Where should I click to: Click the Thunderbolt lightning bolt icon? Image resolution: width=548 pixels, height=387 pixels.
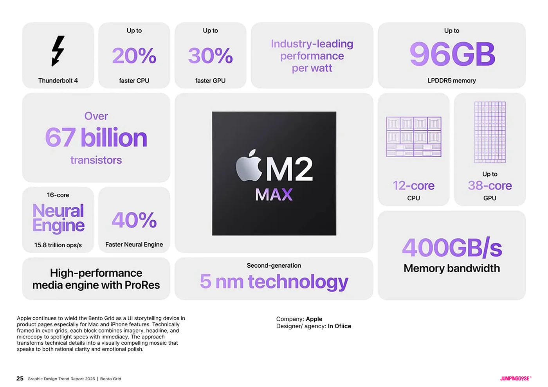pyautogui.click(x=58, y=51)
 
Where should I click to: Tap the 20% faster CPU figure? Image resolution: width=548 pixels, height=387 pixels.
pyautogui.click(x=134, y=56)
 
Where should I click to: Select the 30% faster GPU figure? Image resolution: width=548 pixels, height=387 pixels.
pyautogui.click(x=210, y=56)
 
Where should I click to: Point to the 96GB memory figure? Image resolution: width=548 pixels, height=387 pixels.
pyautogui.click(x=452, y=54)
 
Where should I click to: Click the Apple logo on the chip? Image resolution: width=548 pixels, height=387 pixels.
pyautogui.click(x=249, y=166)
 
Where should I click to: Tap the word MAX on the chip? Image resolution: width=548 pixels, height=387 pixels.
pyautogui.click(x=274, y=194)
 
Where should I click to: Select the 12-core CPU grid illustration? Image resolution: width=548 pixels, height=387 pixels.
pyautogui.click(x=413, y=137)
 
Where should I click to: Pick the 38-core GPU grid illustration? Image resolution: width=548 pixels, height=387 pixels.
pyautogui.click(x=490, y=132)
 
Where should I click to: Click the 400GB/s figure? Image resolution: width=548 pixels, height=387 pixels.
pyautogui.click(x=452, y=248)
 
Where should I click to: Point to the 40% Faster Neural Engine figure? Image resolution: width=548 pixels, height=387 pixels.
pyautogui.click(x=134, y=220)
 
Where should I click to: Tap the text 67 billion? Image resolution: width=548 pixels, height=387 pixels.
pyautogui.click(x=96, y=138)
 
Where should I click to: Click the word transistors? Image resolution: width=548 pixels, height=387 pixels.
pyautogui.click(x=96, y=160)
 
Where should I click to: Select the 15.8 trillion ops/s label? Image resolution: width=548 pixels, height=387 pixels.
pyautogui.click(x=58, y=245)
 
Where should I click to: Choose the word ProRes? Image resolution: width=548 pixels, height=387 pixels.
pyautogui.click(x=142, y=285)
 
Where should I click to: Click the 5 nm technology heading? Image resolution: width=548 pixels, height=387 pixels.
pyautogui.click(x=274, y=282)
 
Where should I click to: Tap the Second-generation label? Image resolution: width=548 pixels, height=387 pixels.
pyautogui.click(x=274, y=266)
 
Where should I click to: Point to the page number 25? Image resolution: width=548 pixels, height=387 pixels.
pyautogui.click(x=20, y=378)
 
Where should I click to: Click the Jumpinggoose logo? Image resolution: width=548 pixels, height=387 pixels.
pyautogui.click(x=515, y=378)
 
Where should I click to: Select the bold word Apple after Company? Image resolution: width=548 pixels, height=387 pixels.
pyautogui.click(x=314, y=319)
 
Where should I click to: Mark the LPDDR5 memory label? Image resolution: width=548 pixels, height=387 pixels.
pyautogui.click(x=451, y=81)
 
